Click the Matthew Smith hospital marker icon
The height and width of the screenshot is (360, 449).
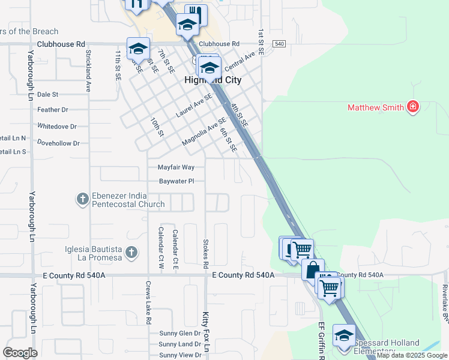point(412,107)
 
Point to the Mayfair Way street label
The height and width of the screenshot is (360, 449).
point(176,167)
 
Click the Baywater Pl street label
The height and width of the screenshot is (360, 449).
point(176,181)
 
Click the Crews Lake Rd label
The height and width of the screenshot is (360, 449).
point(148,303)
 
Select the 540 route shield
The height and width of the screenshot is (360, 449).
point(279,44)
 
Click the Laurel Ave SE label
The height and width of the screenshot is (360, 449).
point(194,105)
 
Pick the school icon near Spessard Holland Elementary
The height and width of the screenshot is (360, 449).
point(344,335)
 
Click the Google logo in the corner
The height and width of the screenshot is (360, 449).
point(20,353)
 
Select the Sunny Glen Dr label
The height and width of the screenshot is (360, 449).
point(179,333)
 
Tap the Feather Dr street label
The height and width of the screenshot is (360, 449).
point(53,110)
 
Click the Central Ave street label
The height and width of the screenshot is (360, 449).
point(240,62)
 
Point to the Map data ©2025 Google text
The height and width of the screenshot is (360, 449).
point(412,356)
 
